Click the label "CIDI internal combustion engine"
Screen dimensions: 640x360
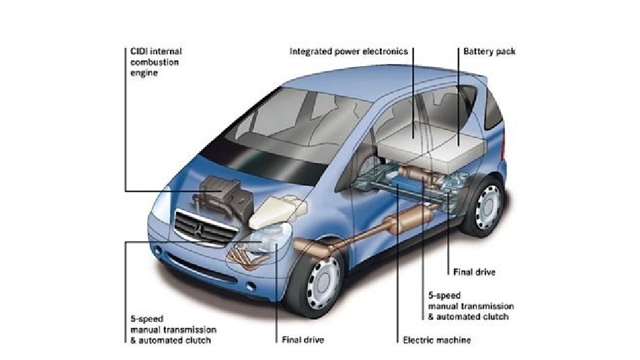pyautogui.click(x=153, y=61)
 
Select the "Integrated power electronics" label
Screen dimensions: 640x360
pyautogui.click(x=349, y=51)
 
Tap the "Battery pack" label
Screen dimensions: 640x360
pyautogui.click(x=489, y=51)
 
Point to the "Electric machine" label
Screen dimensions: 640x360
pyautogui.click(x=437, y=340)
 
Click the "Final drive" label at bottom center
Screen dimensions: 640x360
pyautogui.click(x=300, y=340)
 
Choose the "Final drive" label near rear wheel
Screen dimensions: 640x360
pyautogui.click(x=473, y=272)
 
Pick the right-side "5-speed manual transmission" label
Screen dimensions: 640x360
pyautogui.click(x=467, y=305)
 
